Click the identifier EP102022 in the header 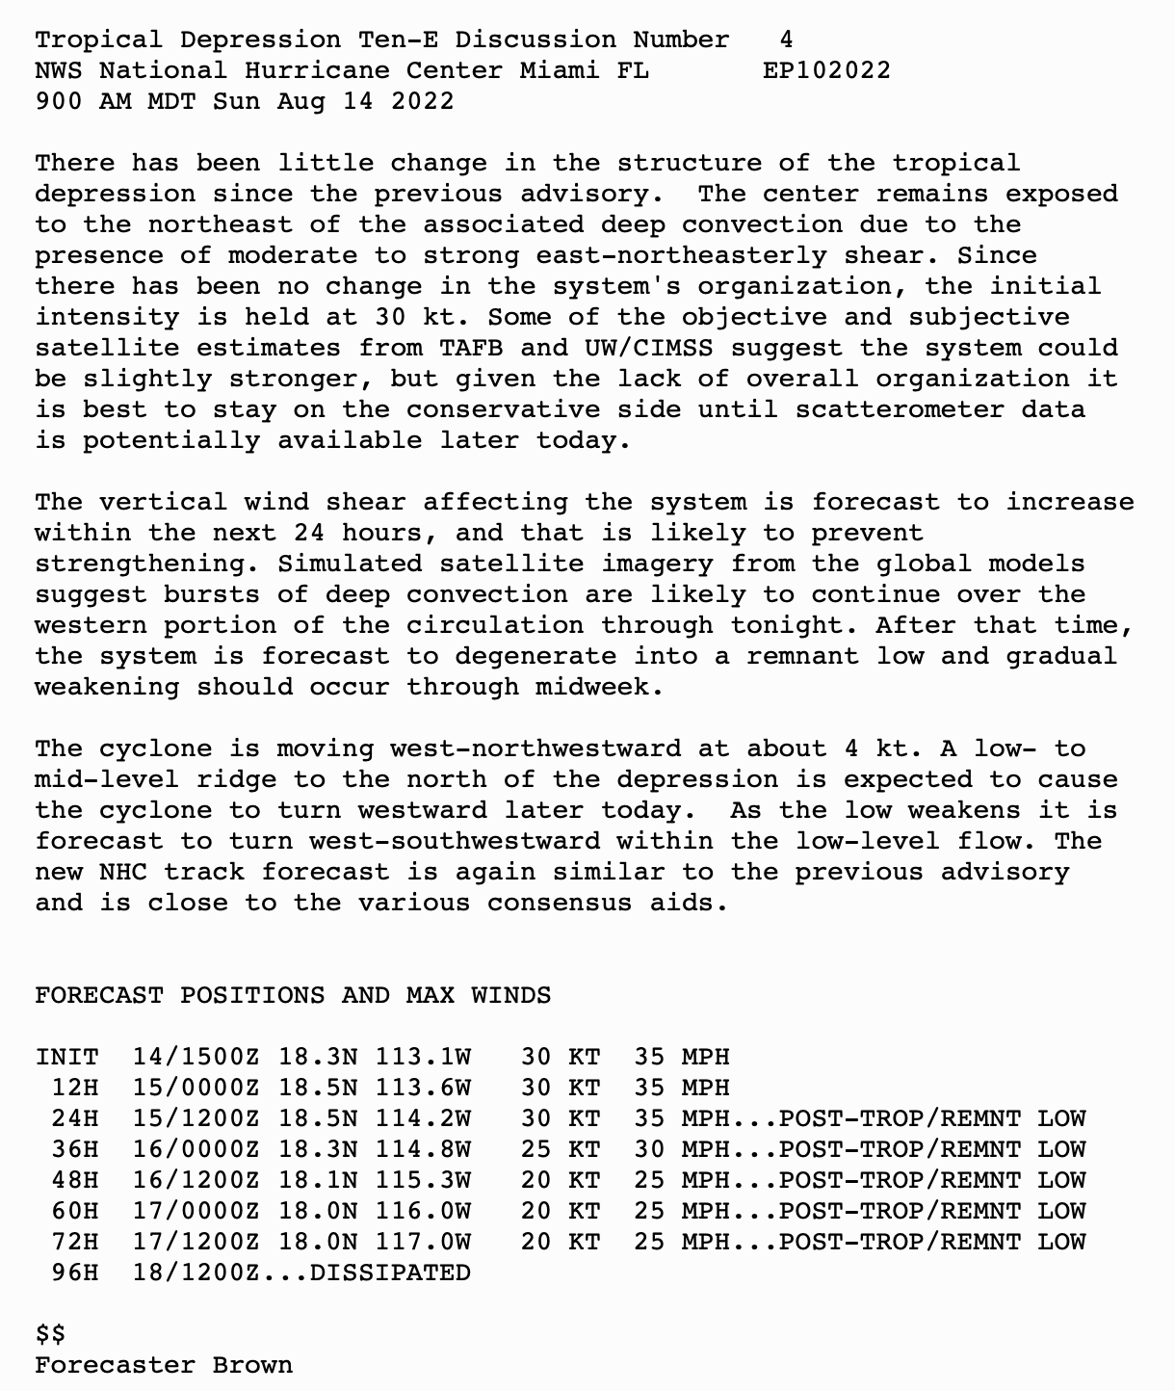click(x=826, y=70)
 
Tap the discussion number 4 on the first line click(x=787, y=39)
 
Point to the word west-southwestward click(x=455, y=841)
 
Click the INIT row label click(x=67, y=1057)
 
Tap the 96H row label click(x=75, y=1273)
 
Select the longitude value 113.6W click(x=423, y=1088)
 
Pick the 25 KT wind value click(x=561, y=1149)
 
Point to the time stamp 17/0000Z click(x=196, y=1211)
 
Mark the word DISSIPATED click(x=390, y=1273)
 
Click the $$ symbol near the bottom click(x=51, y=1334)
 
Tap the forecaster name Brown click(x=252, y=1365)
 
